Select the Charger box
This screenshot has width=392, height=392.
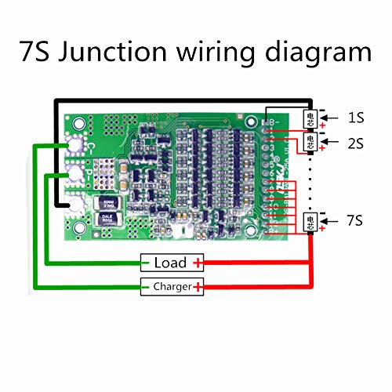click(x=171, y=287)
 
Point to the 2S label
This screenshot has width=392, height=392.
click(x=356, y=143)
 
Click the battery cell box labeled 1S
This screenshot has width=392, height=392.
click(x=310, y=118)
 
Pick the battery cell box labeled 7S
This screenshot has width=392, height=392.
click(x=310, y=220)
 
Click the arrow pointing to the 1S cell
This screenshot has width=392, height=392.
click(x=331, y=118)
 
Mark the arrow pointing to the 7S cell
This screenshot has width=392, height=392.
click(x=331, y=220)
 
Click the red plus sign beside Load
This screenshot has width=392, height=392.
click(x=198, y=263)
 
